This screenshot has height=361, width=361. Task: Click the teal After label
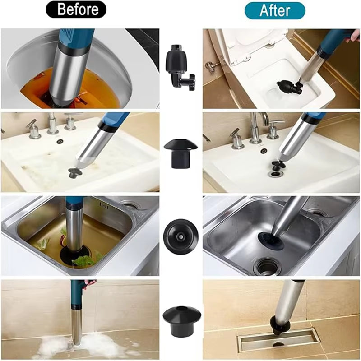pyautogui.click(x=275, y=9)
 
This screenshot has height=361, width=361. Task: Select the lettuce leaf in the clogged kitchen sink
pyautogui.click(x=83, y=261)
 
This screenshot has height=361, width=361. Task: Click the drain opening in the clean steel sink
pyautogui.click(x=267, y=266)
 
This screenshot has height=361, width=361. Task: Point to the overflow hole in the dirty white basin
pyautogui.click(x=60, y=142)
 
